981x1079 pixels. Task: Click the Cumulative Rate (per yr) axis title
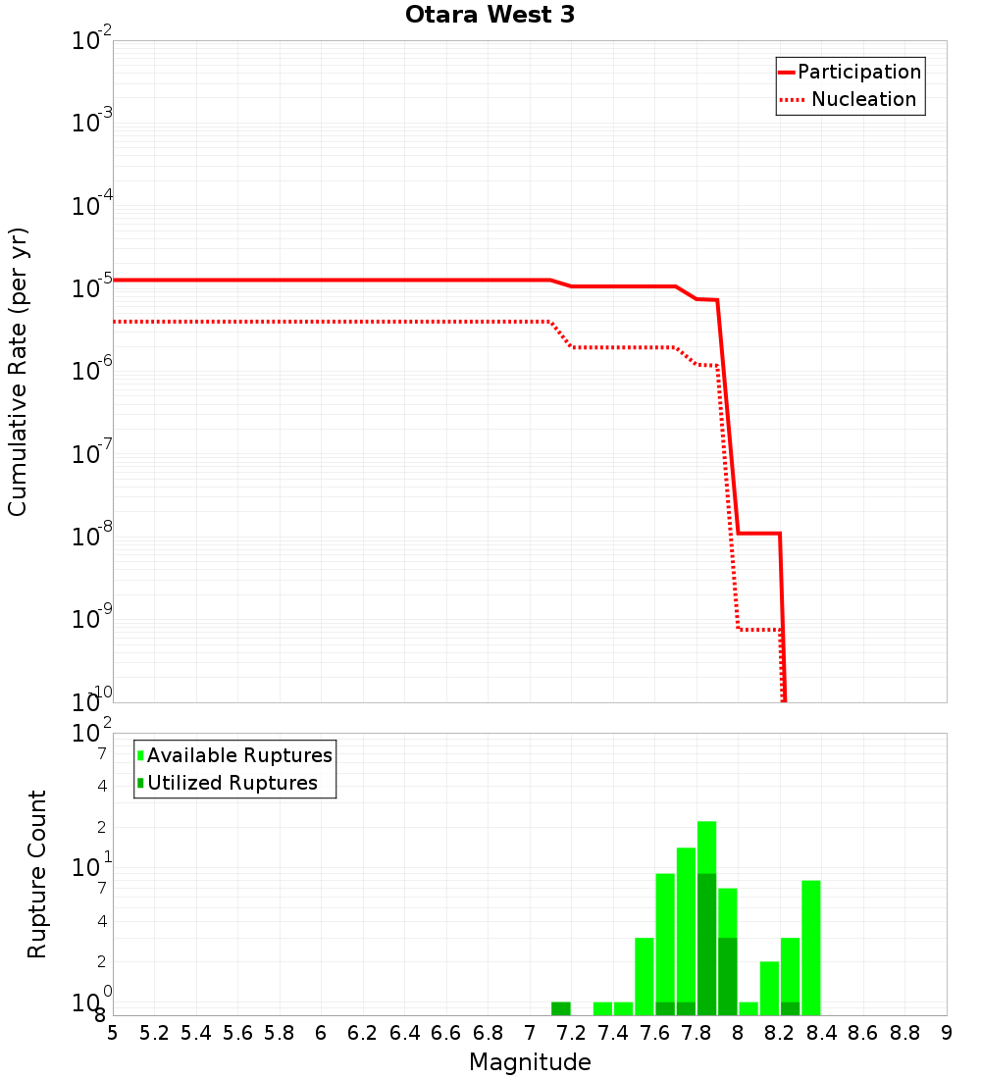click(x=18, y=372)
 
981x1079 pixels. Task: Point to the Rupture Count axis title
click(x=37, y=874)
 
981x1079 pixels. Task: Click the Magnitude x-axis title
click(x=530, y=1062)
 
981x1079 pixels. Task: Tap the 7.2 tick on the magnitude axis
click(x=571, y=1033)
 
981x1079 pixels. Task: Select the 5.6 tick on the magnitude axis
click(x=237, y=1033)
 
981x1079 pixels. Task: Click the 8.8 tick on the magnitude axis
click(x=904, y=1033)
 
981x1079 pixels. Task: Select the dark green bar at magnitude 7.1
click(x=560, y=1008)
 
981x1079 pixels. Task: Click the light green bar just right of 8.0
click(x=749, y=1008)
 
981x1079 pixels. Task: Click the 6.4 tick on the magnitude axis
click(x=404, y=1033)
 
